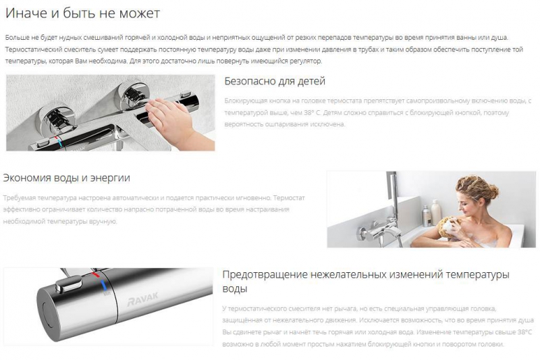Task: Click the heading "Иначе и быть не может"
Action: pos(82,13)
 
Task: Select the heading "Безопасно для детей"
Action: pos(275,81)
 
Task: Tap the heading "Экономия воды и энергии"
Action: pos(66,178)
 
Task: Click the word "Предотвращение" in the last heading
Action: pos(265,275)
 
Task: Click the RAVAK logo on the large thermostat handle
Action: pos(142,299)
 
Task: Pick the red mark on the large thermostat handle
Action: pos(96,275)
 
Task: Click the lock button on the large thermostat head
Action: pos(69,284)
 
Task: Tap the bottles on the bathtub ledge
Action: pos(431,213)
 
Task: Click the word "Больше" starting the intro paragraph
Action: pos(15,38)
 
